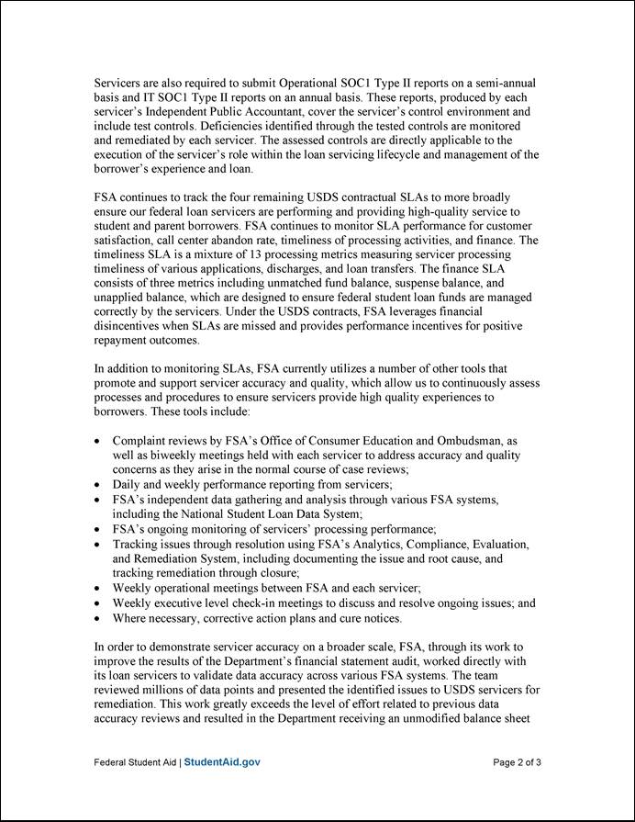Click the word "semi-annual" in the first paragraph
[x=505, y=83]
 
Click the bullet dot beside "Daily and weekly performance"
[x=99, y=485]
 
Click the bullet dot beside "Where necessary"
[x=99, y=618]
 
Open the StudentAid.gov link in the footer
[x=222, y=762]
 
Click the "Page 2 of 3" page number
[x=517, y=762]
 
